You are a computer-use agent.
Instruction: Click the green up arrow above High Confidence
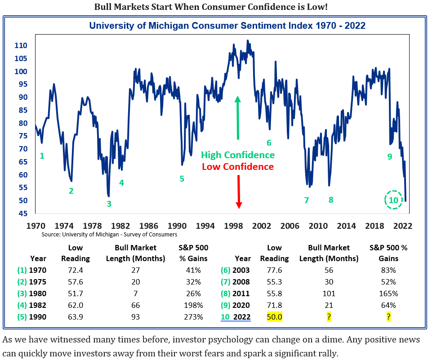click(238, 117)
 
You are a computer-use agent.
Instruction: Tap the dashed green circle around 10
click(393, 200)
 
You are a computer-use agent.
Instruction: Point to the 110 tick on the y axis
click(21, 46)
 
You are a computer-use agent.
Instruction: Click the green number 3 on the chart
click(109, 204)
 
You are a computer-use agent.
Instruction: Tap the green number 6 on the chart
click(269, 143)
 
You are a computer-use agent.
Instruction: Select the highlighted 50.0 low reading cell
click(274, 317)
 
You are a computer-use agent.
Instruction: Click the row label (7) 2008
click(234, 282)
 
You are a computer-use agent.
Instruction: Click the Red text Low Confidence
click(238, 167)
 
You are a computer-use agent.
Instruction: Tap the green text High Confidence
click(238, 155)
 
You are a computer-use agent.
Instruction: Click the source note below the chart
click(109, 235)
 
